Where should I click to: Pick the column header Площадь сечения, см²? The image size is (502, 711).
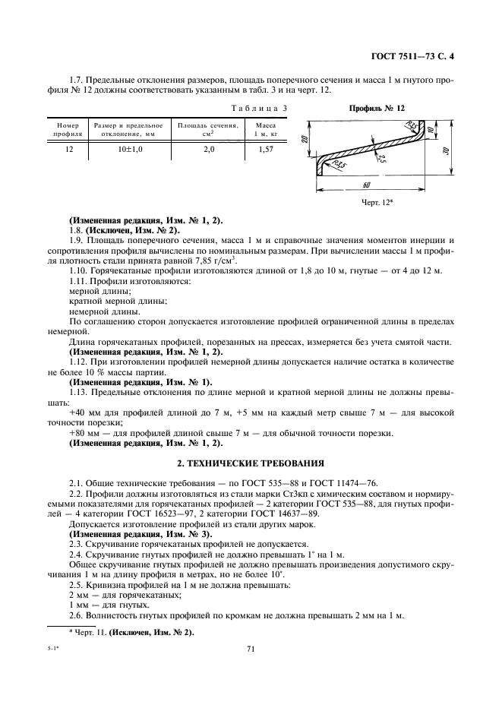click(208, 129)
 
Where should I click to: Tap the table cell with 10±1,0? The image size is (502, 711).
click(130, 150)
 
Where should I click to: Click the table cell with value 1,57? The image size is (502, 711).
click(265, 150)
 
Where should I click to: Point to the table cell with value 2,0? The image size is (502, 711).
click(208, 150)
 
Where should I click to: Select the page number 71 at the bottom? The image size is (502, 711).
click(251, 649)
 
